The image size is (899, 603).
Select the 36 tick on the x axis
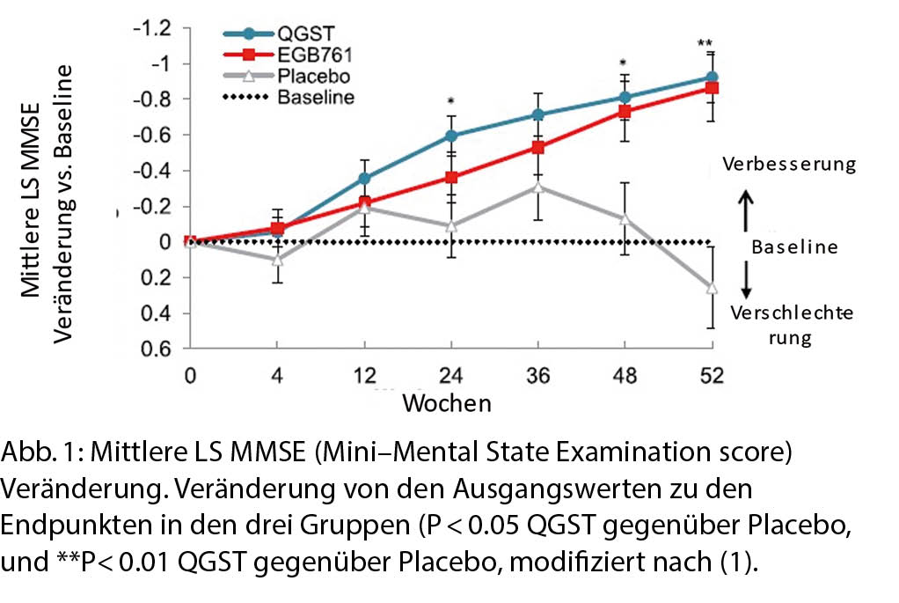point(537,377)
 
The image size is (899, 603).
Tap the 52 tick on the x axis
point(711,377)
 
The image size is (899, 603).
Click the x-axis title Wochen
point(447,403)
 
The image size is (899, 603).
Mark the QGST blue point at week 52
point(712,78)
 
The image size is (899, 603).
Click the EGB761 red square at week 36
point(537,147)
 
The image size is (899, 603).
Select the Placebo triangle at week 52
point(712,288)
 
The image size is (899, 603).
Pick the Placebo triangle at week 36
point(537,187)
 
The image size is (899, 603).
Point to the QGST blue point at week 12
point(364,178)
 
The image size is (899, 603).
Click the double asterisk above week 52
point(705,44)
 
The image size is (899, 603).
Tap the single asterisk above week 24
point(450,101)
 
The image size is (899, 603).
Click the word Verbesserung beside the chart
point(786,165)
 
